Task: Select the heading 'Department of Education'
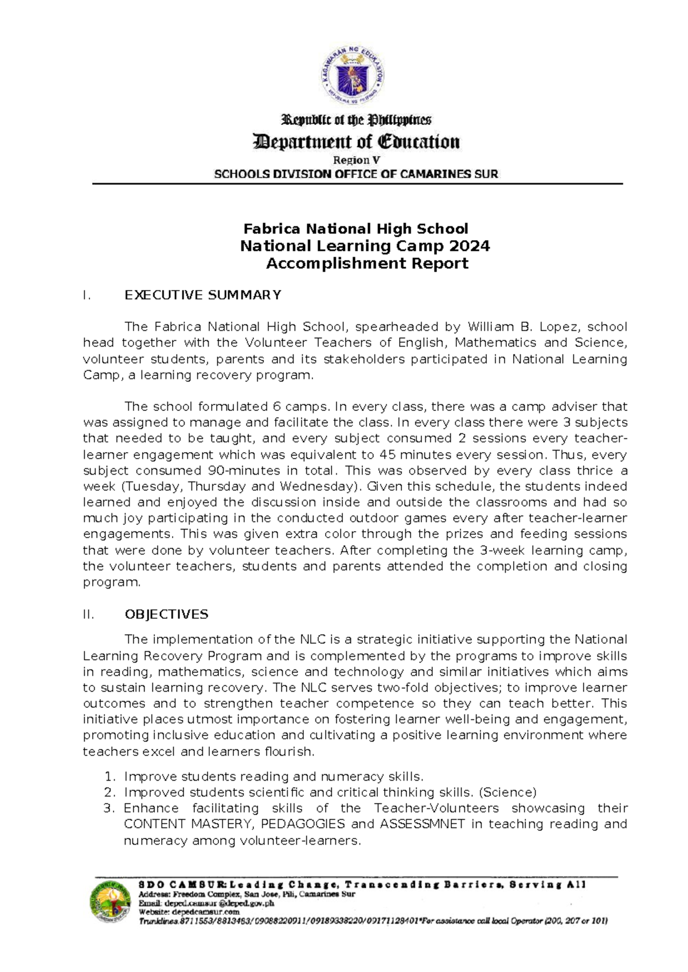(x=356, y=142)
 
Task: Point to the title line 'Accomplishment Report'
(x=367, y=264)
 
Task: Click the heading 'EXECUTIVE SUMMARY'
(x=203, y=295)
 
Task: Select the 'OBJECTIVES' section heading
(x=166, y=614)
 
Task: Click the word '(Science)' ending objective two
(x=507, y=793)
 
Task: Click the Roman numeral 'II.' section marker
(x=88, y=614)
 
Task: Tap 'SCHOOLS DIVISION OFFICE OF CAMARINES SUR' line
(x=356, y=174)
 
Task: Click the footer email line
(x=206, y=903)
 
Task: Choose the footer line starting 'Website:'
(x=189, y=912)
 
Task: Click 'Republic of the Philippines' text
(x=356, y=120)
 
